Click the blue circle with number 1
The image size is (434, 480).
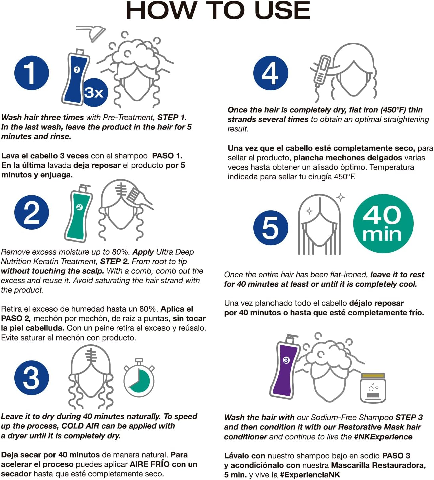click(31, 73)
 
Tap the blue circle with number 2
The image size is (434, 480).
click(31, 212)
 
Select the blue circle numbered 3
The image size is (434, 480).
click(31, 378)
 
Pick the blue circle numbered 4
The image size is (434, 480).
click(270, 73)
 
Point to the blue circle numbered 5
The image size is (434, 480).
click(270, 227)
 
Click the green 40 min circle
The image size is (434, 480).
click(383, 223)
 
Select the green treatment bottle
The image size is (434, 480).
click(78, 213)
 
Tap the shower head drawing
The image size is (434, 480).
click(91, 33)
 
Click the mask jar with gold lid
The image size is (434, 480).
click(373, 388)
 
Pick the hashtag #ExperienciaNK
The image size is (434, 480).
click(310, 475)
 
